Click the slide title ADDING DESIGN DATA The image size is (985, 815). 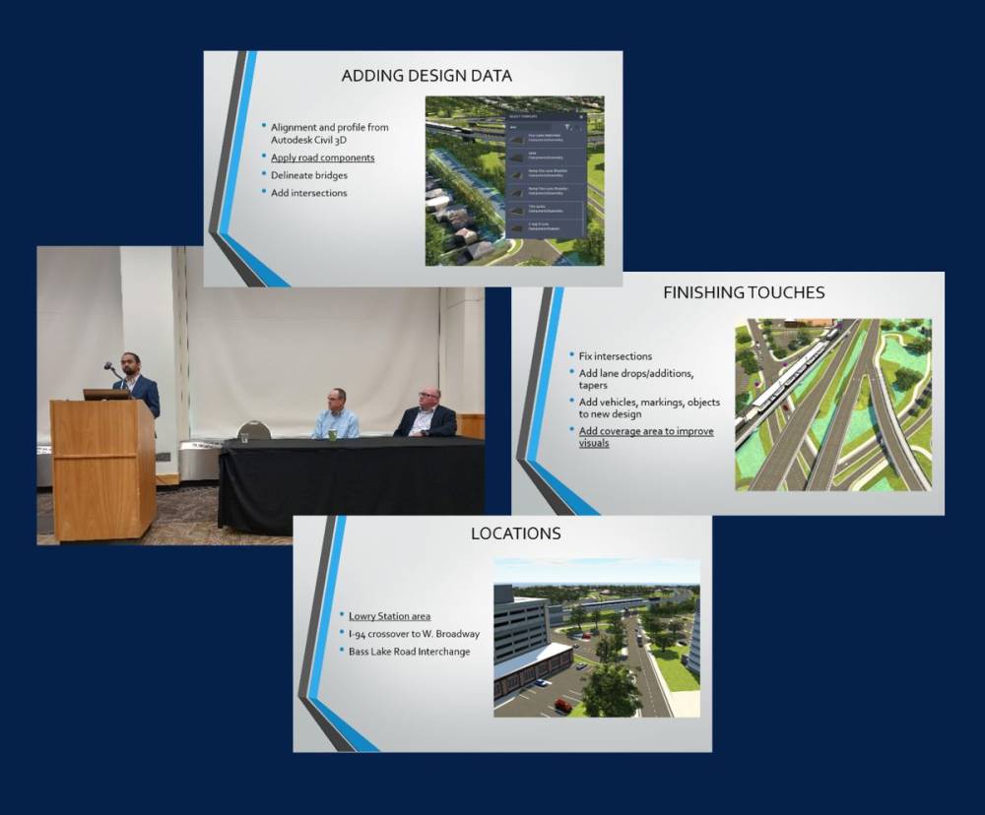(426, 76)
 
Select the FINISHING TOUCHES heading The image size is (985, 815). (744, 292)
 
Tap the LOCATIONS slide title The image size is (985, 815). (515, 533)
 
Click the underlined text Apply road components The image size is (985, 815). (322, 157)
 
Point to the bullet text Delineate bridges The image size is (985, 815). (308, 175)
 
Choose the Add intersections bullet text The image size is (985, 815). (308, 193)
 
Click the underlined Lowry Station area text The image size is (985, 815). (389, 616)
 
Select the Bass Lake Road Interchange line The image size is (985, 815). (409, 652)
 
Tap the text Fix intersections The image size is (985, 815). (616, 355)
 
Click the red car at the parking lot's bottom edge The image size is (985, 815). (562, 705)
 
